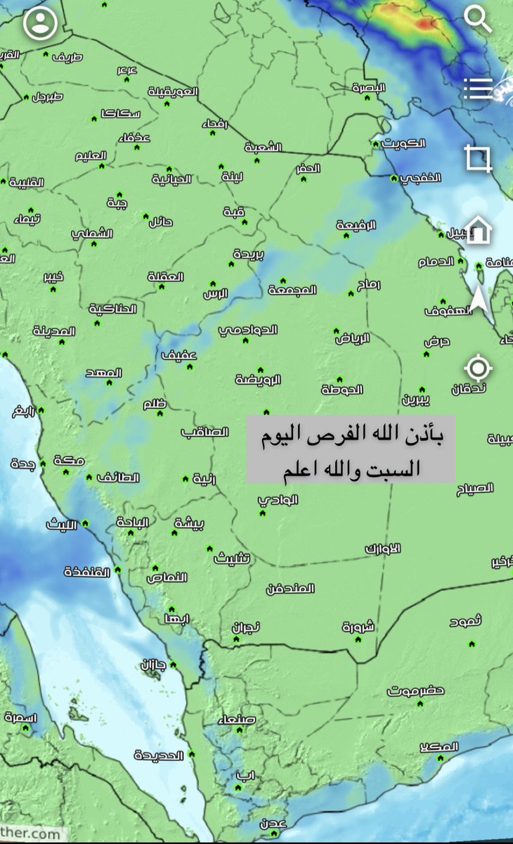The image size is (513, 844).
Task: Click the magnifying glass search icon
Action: [x=479, y=19]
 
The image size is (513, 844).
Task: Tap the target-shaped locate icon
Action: [x=479, y=367]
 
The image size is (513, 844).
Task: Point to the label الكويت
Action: [x=404, y=143]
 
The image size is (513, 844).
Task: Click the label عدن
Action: [x=273, y=822]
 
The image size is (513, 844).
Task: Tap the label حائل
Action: [x=161, y=223]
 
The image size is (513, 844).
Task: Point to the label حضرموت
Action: [x=416, y=691]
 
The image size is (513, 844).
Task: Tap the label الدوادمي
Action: [x=248, y=329]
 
